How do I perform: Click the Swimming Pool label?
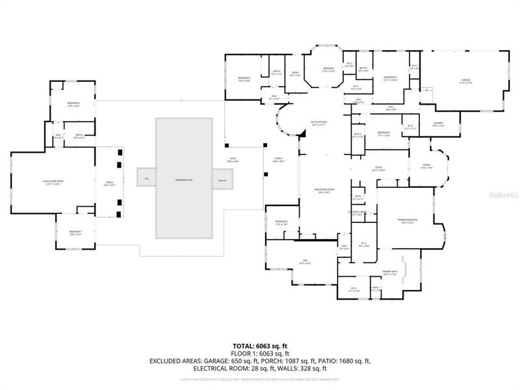tap(184, 179)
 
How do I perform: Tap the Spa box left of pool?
tap(146, 179)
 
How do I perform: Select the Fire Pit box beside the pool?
tap(222, 179)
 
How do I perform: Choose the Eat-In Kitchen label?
tap(317, 123)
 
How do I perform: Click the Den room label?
tap(304, 262)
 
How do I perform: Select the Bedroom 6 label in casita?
tap(73, 104)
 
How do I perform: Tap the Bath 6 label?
tap(79, 136)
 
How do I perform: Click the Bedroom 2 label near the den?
tap(281, 222)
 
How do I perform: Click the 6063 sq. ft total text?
tap(259, 345)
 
